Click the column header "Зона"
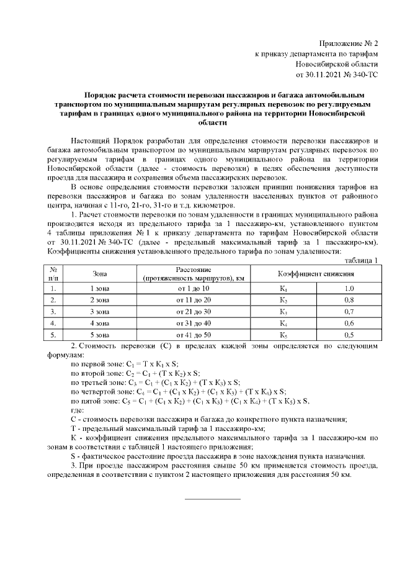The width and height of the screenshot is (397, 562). click(x=99, y=273)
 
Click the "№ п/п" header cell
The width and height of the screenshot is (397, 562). click(x=54, y=273)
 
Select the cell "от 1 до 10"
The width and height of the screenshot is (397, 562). click(x=194, y=289)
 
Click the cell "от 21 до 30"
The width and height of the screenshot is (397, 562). click(x=194, y=311)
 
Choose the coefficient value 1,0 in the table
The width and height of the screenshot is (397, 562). click(x=349, y=289)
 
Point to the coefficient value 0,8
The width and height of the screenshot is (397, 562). click(x=349, y=300)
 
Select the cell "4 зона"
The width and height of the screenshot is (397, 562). click(x=99, y=323)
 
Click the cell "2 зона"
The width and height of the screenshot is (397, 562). click(x=99, y=300)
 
